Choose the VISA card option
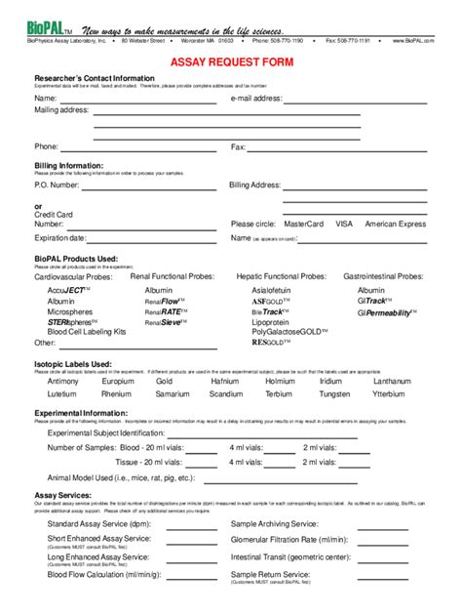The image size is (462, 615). coord(344,224)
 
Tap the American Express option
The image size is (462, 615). coord(395,224)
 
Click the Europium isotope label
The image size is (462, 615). coord(117,381)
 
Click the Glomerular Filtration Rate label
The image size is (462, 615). coord(289,539)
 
